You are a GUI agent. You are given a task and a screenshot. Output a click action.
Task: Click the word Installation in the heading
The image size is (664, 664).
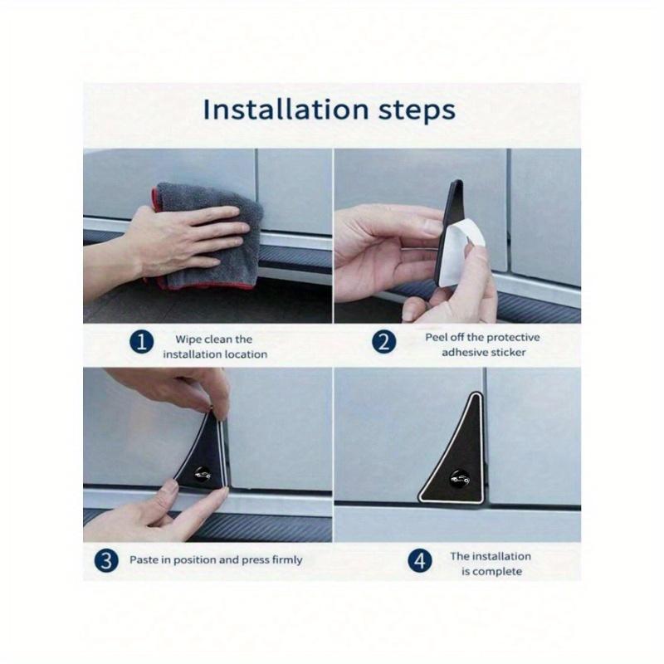(x=286, y=110)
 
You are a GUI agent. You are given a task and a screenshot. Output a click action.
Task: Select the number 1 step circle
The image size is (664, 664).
(x=141, y=342)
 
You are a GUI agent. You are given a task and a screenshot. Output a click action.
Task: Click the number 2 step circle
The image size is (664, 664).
(x=384, y=342)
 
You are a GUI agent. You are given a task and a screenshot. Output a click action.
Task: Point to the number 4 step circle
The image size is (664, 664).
(x=420, y=561)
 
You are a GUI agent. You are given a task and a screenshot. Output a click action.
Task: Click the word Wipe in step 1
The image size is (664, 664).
(x=188, y=339)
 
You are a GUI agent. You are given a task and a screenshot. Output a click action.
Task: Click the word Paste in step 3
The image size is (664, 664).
(x=144, y=559)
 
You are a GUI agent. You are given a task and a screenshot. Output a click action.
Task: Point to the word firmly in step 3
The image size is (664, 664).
(x=287, y=560)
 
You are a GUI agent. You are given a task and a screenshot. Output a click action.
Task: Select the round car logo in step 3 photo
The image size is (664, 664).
(x=203, y=474)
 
